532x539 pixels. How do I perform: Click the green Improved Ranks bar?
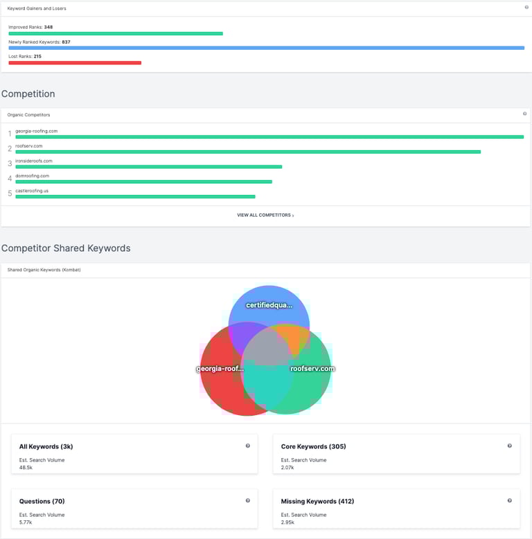point(116,33)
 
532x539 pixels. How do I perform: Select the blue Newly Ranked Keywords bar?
point(266,48)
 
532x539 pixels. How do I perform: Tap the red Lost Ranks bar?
point(75,62)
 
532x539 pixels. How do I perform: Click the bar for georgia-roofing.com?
point(269,137)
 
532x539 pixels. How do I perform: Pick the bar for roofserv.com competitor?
point(248,152)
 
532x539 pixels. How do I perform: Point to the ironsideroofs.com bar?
point(148,167)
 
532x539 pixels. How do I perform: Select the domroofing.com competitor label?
point(32,176)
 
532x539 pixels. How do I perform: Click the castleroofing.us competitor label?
point(32,190)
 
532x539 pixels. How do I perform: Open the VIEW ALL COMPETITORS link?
point(265,215)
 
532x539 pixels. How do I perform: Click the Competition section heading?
point(28,94)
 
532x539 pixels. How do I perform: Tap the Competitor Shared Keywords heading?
point(66,248)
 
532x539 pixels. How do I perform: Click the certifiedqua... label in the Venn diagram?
point(269,305)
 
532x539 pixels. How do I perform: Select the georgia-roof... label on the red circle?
point(220,369)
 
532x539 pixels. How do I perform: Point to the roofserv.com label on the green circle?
point(312,369)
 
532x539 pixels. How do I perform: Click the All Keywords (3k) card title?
point(46,446)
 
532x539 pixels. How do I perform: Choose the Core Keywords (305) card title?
point(313,446)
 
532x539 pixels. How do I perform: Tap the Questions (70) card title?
point(42,501)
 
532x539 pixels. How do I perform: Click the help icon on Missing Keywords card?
point(509,500)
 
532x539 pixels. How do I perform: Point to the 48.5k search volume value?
point(26,468)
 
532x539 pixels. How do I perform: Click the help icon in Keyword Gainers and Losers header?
point(526,7)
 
